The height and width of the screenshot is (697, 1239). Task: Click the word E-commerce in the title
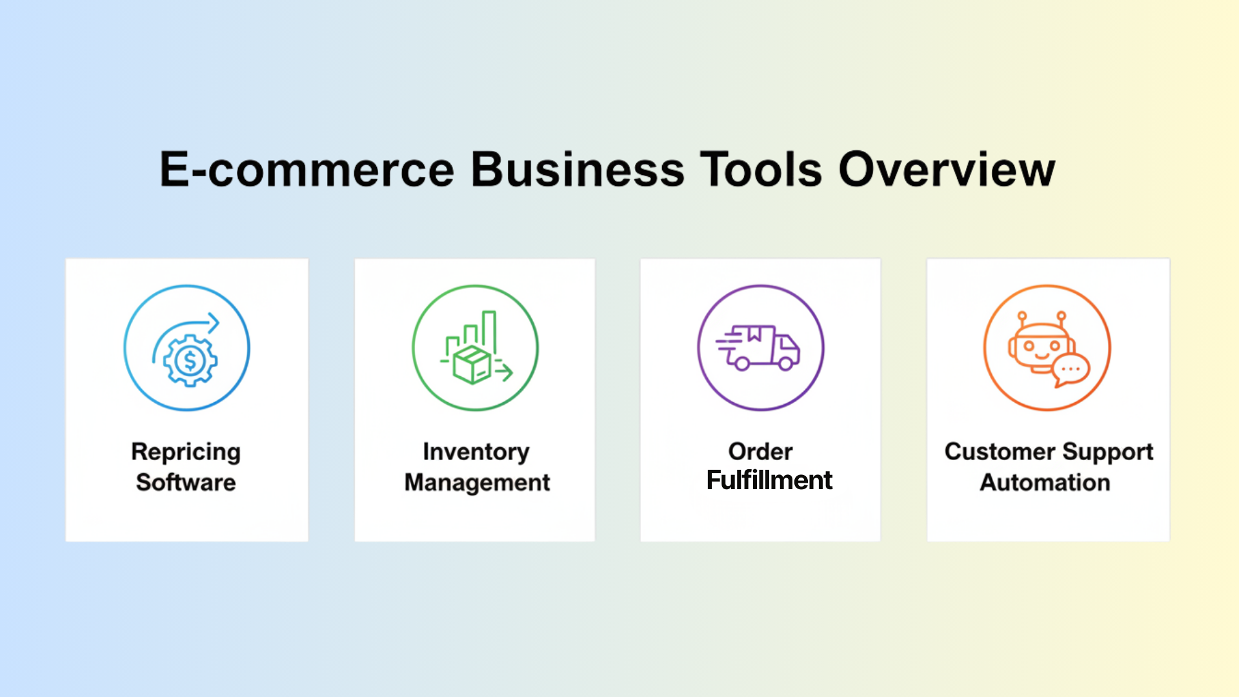307,170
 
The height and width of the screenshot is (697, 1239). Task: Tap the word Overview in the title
947,170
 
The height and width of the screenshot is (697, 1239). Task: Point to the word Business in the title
578,170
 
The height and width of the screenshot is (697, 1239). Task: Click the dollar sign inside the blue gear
190,361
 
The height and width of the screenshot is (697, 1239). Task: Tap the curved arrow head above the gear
214,323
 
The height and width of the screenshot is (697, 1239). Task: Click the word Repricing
186,452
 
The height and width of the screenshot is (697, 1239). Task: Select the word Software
186,483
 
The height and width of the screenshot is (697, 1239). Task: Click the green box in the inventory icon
472,365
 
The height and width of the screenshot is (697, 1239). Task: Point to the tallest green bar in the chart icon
489,330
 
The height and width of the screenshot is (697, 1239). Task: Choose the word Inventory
476,452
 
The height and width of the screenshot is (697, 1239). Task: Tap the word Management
477,483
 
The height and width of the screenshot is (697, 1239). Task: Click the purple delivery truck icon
760,348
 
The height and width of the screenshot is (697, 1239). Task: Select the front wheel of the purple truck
786,364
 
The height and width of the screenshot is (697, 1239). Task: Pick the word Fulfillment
769,480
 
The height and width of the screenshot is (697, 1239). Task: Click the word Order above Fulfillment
760,452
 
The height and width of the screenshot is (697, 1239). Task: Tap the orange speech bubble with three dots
1071,370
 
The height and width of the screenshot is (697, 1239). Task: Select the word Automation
1045,483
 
